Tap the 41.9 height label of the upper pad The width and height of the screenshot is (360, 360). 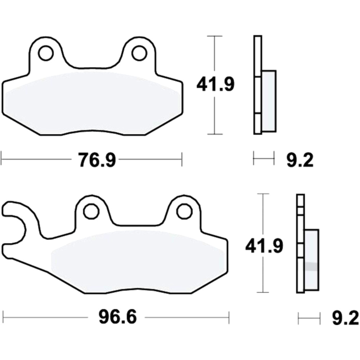tap(215, 85)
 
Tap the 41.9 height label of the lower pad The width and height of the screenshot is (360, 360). tap(264, 246)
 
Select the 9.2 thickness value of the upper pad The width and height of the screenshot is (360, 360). tap(300, 160)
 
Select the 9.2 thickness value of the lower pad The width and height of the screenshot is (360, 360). tap(345, 318)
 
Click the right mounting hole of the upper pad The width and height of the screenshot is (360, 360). tap(139, 53)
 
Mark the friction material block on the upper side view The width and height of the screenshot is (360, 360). tap(269, 101)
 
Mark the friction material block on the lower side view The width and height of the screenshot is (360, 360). tap(311, 259)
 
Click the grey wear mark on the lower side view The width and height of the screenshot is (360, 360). tap(311, 267)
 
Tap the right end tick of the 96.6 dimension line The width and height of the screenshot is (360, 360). tap(229, 317)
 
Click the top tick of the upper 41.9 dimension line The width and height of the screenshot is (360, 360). tap(215, 36)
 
